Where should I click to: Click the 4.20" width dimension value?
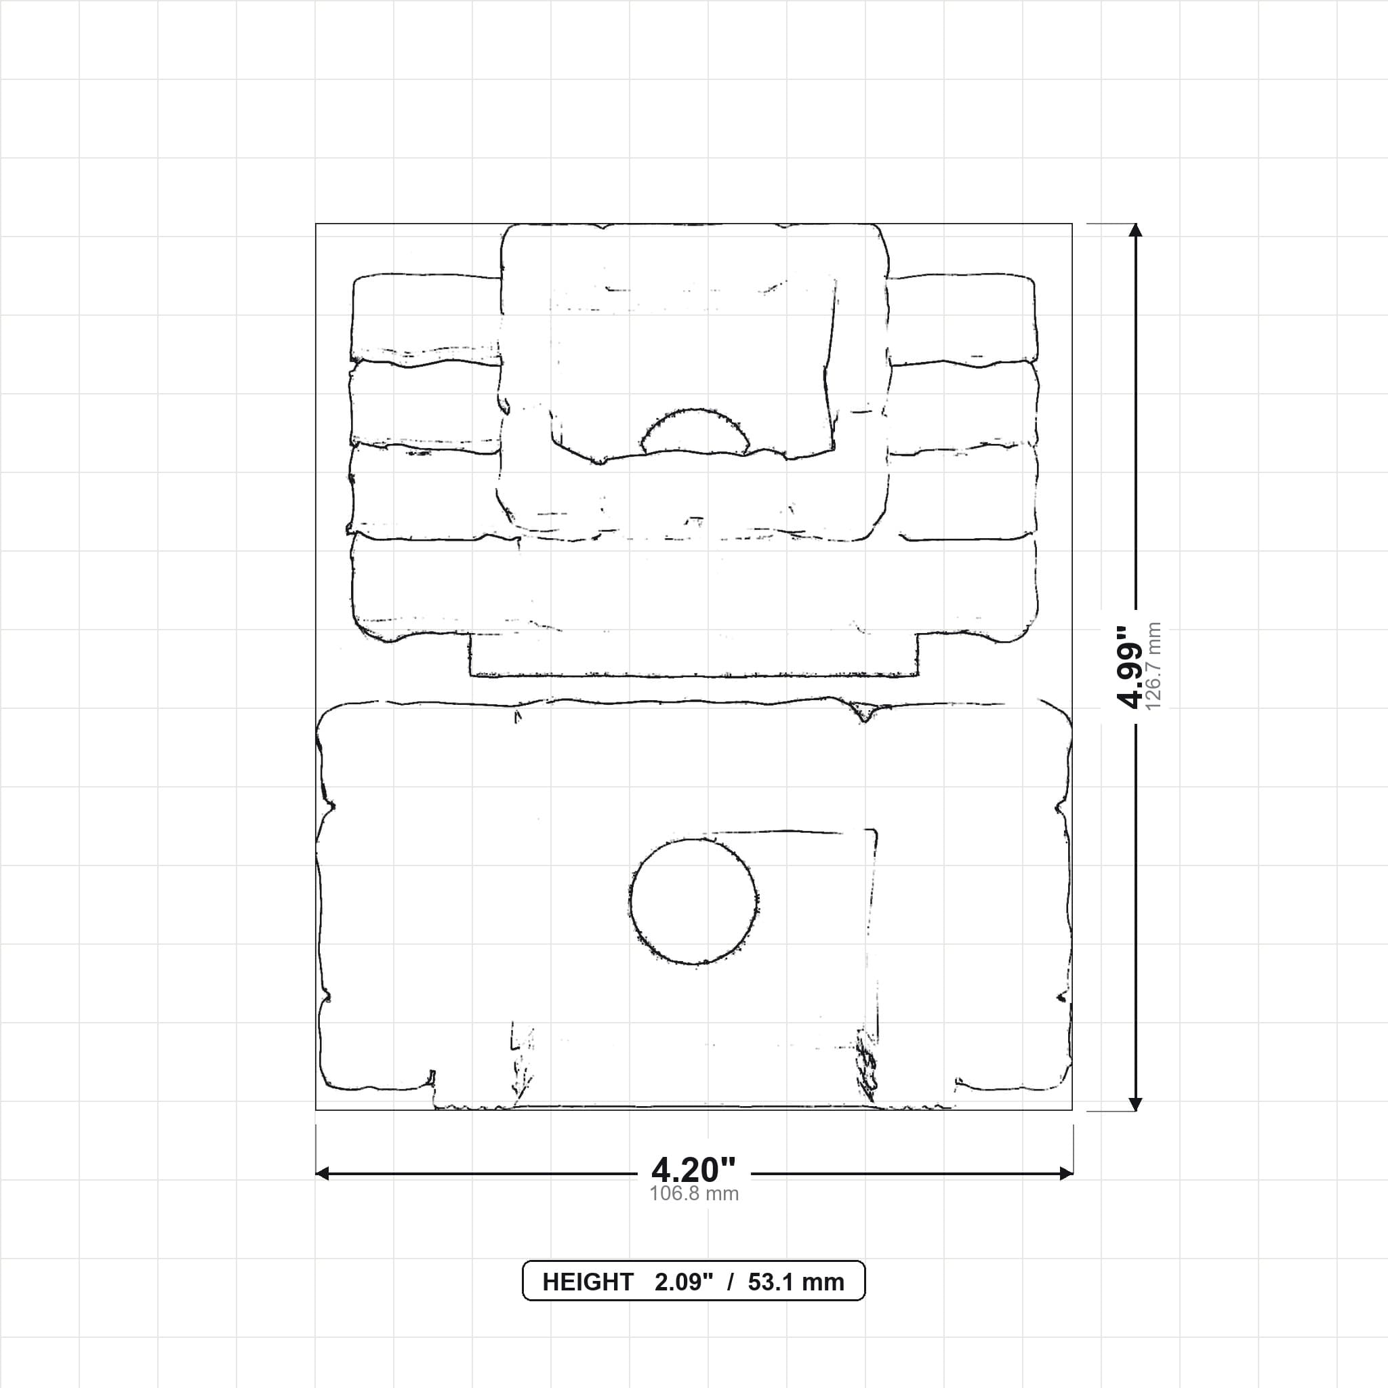[x=693, y=1170]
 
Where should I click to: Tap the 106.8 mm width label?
[x=694, y=1194]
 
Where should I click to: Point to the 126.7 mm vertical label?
[x=1153, y=667]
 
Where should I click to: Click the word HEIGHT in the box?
[x=588, y=1282]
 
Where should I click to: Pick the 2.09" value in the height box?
[x=684, y=1282]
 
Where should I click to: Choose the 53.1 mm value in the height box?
[x=796, y=1282]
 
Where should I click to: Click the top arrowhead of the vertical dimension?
[x=1135, y=230]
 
